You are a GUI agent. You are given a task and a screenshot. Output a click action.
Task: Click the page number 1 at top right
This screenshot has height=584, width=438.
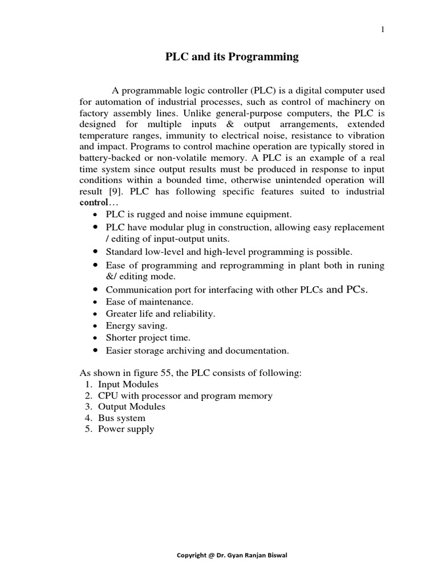click(383, 30)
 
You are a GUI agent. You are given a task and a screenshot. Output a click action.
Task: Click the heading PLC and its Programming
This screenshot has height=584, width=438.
click(232, 56)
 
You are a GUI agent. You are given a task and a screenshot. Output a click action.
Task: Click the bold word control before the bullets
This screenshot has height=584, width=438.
click(92, 202)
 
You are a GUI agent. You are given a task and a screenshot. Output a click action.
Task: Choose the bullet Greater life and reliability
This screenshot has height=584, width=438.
click(160, 314)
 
